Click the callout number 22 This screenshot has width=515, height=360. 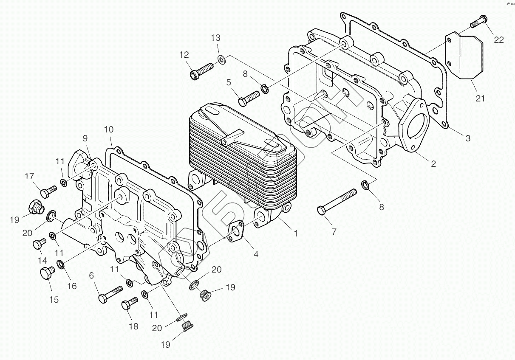pos(498,39)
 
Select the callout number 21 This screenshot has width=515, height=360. pos(480,98)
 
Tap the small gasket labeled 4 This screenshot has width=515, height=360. pos(236,231)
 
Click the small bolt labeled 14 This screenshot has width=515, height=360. pos(40,244)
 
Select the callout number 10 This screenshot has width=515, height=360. pos(109,129)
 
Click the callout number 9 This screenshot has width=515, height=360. pos(85,138)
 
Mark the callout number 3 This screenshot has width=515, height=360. pos(467,138)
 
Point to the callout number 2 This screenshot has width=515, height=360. pos(433,164)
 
